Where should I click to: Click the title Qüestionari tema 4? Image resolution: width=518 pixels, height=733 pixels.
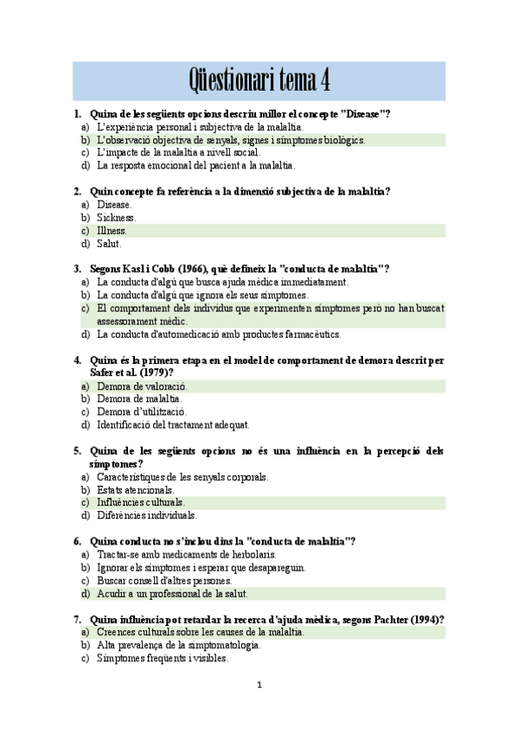[x=259, y=80]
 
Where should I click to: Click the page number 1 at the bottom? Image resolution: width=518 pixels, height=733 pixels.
[x=259, y=685]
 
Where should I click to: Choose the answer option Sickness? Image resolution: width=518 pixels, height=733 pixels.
[x=115, y=218]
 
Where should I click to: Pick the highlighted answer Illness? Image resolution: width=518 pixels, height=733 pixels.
[x=112, y=231]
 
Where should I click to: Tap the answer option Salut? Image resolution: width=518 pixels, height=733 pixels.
[x=109, y=244]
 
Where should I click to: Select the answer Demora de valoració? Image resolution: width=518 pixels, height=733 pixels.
[x=142, y=386]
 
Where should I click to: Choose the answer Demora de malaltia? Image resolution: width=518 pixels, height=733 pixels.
[x=139, y=399]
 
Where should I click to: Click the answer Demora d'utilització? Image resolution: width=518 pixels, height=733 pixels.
[x=142, y=412]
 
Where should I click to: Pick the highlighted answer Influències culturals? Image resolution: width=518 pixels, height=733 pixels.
[x=141, y=502]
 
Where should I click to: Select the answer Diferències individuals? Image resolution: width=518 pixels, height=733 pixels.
[x=147, y=515]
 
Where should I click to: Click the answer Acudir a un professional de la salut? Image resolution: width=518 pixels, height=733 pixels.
[x=172, y=594]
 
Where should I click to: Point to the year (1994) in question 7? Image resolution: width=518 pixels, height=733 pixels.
[x=424, y=619]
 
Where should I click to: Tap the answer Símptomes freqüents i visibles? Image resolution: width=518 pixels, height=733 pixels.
[x=163, y=658]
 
